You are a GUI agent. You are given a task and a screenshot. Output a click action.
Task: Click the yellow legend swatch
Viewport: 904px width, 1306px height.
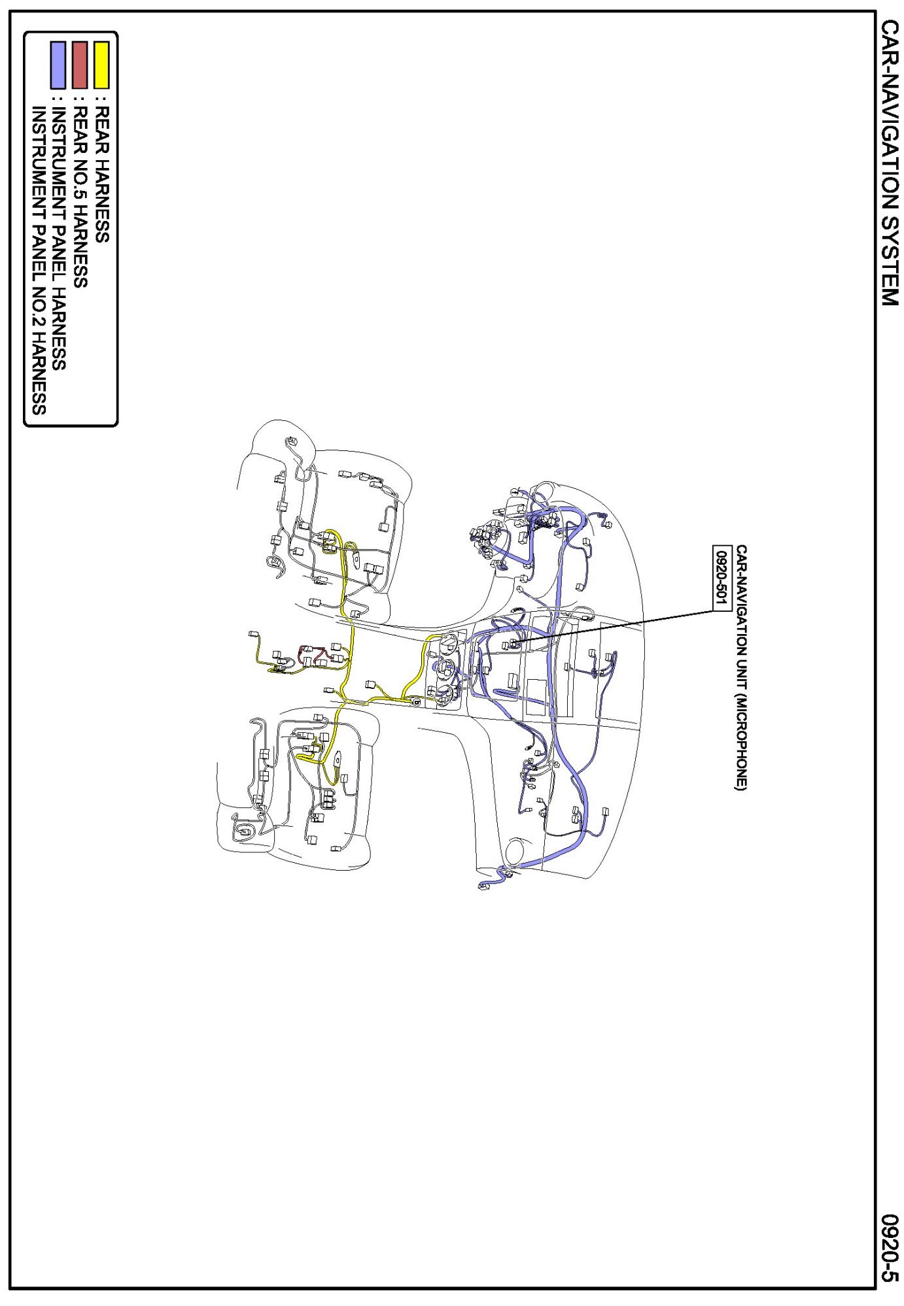[x=101, y=65]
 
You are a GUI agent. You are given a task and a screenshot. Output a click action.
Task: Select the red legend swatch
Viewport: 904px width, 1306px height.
[x=80, y=65]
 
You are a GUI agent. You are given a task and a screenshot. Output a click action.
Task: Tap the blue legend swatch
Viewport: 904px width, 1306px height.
[x=58, y=65]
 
